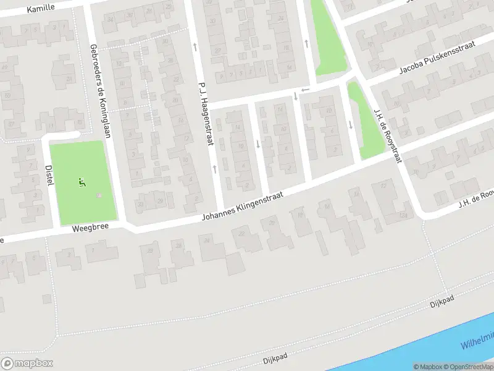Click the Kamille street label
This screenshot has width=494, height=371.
41,7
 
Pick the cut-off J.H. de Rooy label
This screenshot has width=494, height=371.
476,198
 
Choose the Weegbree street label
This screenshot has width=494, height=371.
90,228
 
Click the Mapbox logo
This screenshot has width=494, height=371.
27,364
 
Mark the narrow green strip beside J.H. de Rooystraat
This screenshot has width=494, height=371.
364,121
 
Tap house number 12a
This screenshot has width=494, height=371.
402,214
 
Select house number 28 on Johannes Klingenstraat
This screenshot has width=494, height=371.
149,251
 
